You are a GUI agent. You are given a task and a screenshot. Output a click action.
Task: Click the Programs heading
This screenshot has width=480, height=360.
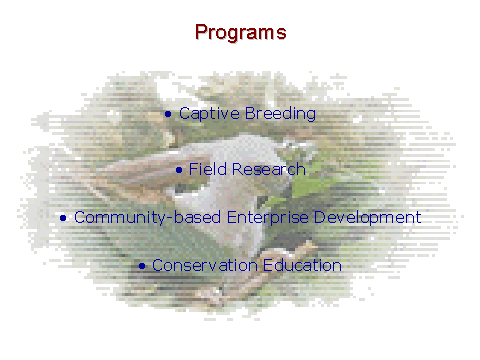(241, 33)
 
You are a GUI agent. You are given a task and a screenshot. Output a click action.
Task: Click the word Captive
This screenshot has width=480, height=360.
(209, 114)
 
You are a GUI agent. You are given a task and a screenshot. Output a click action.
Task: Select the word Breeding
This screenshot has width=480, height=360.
(280, 114)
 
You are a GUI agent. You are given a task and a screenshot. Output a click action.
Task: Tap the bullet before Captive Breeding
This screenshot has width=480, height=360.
(168, 114)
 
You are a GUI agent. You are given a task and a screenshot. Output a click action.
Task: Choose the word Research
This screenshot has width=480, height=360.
(269, 169)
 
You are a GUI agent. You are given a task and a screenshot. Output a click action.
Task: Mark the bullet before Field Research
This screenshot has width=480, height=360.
(179, 170)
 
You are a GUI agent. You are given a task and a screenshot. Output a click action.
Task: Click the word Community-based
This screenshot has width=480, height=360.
(147, 218)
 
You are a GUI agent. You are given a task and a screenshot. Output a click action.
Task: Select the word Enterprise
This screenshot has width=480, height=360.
(268, 218)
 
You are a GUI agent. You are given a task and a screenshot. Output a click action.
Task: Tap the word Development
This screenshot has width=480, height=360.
(368, 218)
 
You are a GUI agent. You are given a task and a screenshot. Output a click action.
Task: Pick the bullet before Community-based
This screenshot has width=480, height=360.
(63, 218)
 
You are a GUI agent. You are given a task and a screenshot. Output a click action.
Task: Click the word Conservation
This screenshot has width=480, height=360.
(205, 266)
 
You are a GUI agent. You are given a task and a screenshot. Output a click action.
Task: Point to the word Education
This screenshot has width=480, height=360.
(302, 266)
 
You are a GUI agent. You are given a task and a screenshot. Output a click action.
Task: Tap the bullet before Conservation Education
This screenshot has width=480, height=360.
(142, 266)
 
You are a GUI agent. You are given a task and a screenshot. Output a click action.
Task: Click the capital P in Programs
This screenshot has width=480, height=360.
(201, 32)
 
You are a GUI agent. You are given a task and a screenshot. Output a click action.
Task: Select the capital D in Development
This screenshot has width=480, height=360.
(320, 217)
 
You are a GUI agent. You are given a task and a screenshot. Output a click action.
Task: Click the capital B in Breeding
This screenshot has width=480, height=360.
(251, 113)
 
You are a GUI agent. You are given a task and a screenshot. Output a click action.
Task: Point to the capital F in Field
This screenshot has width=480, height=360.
(194, 169)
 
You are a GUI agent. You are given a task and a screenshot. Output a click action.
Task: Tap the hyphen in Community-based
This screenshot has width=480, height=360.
(170, 219)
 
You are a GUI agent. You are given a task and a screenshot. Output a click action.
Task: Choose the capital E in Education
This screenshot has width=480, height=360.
(268, 265)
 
